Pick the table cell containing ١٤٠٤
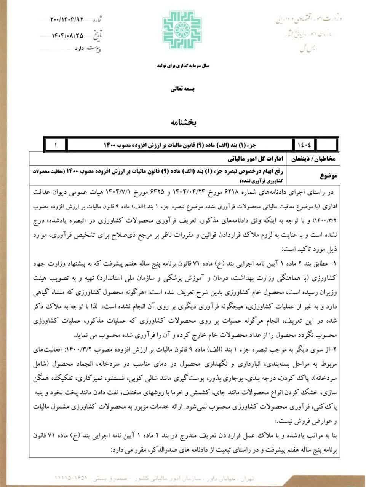pyautogui.click(x=305, y=145)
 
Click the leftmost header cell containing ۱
pyautogui.click(x=56, y=145)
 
